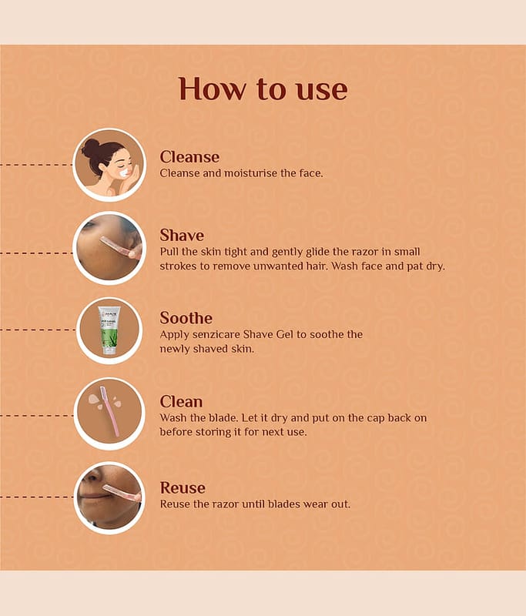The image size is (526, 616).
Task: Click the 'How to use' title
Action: (263, 89)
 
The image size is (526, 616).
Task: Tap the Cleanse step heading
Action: (189, 157)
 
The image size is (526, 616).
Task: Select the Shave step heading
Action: (182, 236)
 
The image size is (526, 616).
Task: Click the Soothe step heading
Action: (186, 318)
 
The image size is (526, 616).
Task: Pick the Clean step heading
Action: (181, 401)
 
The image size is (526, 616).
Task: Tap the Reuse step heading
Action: (183, 487)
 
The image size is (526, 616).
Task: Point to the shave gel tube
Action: (109, 330)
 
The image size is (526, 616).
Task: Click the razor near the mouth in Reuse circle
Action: (122, 494)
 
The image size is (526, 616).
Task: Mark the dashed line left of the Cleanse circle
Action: (36, 165)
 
